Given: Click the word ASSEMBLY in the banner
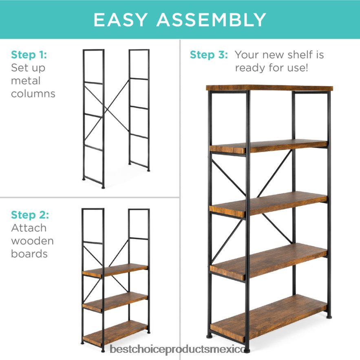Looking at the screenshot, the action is pos(211,20).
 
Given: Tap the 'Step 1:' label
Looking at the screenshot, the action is pos(29,55).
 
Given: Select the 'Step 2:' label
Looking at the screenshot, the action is pos(30,215).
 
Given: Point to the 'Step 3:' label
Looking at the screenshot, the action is pos(209,55).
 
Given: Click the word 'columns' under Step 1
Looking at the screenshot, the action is pos(33,94).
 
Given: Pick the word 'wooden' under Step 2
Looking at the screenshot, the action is pos(32,241).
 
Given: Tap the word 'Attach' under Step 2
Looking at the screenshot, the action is pos(29,228).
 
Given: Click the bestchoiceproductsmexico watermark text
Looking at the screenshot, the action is pos(177,349).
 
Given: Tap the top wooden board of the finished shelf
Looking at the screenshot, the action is pos(269,88).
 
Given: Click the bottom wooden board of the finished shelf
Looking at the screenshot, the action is pos(268,318).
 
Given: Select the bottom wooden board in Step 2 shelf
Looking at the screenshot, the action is pos(115,333).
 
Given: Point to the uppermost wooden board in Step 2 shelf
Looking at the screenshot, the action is pos(115,270).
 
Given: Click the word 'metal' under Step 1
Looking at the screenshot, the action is pos(26,81).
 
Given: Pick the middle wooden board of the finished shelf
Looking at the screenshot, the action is pos(268,204).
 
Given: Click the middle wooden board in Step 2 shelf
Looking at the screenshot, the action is pos(115,302).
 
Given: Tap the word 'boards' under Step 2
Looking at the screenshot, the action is pos(29,254).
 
